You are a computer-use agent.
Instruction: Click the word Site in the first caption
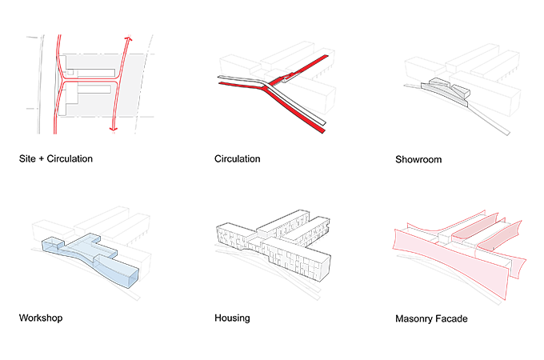[27, 158]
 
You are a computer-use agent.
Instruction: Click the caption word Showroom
[418, 159]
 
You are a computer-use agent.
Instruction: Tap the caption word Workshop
[41, 318]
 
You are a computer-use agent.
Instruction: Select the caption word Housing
[232, 318]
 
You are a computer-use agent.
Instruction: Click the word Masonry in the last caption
[416, 318]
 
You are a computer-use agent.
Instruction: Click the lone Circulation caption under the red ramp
[237, 158]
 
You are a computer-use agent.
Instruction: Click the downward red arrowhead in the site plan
[113, 128]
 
